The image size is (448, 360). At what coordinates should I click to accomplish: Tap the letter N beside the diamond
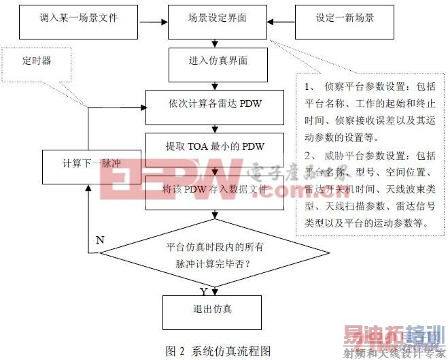click(100, 240)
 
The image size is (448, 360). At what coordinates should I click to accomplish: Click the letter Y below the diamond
click(203, 291)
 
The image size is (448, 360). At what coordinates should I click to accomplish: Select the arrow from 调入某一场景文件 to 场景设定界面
click(152, 20)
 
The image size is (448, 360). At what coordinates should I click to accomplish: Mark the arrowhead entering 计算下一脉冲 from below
click(88, 187)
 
